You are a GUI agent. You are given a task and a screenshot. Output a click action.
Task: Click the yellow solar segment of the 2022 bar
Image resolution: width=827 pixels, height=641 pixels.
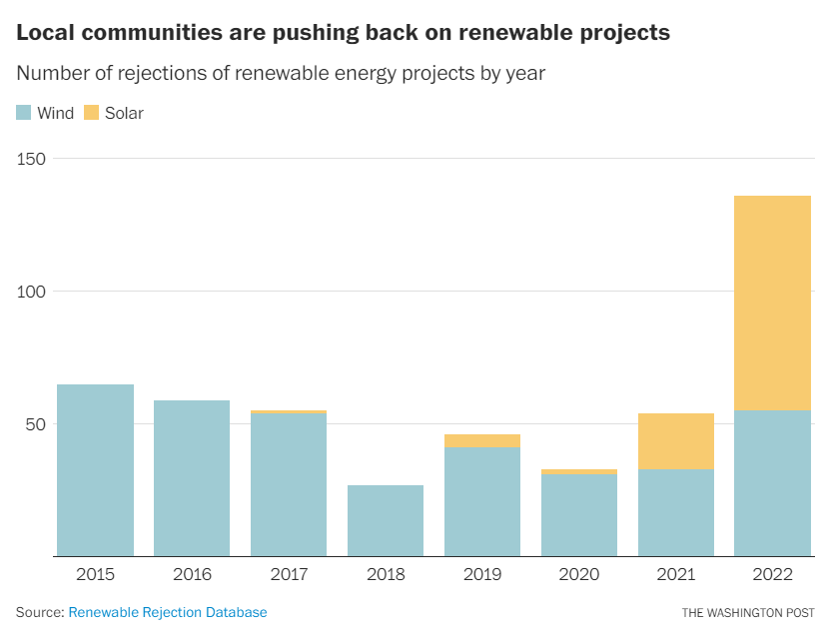(x=772, y=303)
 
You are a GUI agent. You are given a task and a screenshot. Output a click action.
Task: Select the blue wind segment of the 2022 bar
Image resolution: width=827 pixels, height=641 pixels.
(x=772, y=483)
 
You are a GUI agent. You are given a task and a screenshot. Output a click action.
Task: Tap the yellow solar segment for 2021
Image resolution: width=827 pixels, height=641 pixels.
(x=675, y=440)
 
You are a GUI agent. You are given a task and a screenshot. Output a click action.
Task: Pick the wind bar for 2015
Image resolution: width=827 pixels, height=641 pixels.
(x=95, y=470)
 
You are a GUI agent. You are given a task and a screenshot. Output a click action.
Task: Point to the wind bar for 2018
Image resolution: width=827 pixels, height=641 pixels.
(x=386, y=520)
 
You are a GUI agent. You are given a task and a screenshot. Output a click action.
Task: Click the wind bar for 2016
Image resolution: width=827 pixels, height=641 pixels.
(x=192, y=478)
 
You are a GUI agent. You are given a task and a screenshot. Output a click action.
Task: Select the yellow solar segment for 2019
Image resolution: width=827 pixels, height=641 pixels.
(x=482, y=440)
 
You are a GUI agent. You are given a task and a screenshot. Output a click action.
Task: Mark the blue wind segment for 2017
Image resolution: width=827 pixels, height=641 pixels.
(x=289, y=484)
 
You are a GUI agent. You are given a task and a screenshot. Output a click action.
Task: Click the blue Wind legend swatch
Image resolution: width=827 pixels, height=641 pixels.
(x=24, y=113)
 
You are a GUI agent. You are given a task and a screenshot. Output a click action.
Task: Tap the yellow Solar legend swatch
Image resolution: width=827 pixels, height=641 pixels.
(x=92, y=113)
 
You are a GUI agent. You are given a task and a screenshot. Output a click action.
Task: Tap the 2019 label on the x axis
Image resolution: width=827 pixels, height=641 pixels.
(x=482, y=575)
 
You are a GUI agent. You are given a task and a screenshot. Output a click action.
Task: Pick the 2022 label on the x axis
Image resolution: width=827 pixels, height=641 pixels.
(x=772, y=575)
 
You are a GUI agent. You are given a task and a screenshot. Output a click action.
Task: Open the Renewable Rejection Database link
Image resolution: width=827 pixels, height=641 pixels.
(x=168, y=612)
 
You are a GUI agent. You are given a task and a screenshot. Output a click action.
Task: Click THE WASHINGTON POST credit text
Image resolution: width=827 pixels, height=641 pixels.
(x=748, y=612)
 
